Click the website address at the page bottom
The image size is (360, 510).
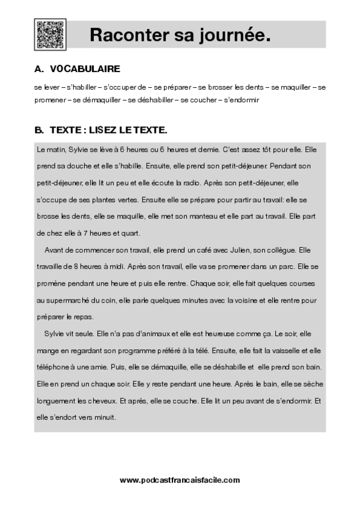pyautogui.click(x=180, y=480)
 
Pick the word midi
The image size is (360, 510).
pyautogui.click(x=117, y=265)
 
